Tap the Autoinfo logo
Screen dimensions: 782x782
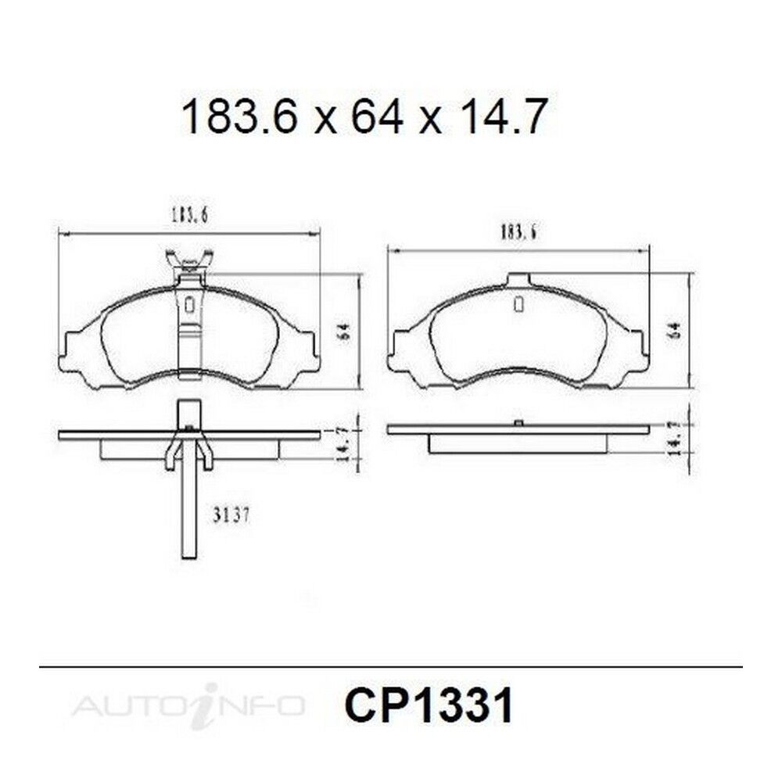coord(188,705)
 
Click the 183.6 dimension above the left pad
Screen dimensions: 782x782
coord(189,215)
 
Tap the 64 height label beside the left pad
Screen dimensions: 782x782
coord(345,331)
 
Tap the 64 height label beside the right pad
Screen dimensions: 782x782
coord(676,330)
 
